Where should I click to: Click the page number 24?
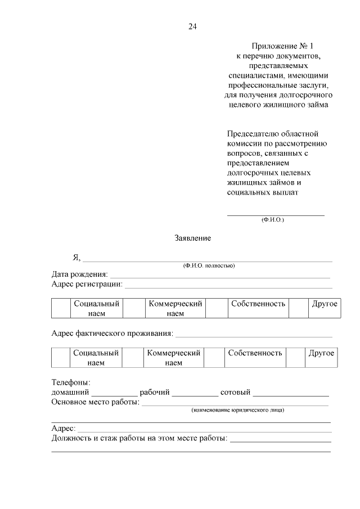192,26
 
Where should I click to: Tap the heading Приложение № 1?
277,46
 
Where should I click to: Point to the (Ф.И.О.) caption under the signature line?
273,219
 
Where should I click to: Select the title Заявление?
192,238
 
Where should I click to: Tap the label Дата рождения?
79,274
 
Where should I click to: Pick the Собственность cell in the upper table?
258,304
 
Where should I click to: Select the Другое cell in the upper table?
325,304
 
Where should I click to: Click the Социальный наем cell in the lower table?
96,358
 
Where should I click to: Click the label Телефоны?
67,382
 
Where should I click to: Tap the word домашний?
70,392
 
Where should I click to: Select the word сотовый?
235,392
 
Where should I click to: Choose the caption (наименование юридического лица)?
237,410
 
